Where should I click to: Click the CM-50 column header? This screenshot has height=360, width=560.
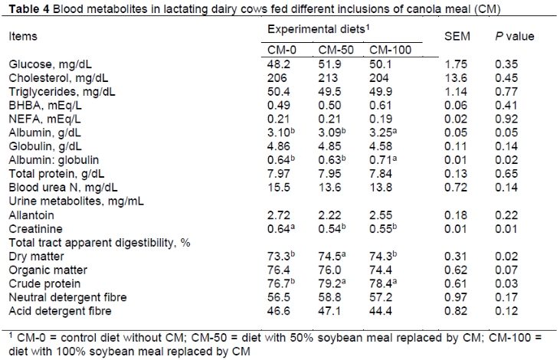(333, 50)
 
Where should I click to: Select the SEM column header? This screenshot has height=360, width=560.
(457, 36)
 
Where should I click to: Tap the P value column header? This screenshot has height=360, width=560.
(516, 36)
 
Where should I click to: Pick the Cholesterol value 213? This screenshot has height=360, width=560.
(329, 77)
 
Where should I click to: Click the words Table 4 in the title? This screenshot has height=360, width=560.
(29, 8)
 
